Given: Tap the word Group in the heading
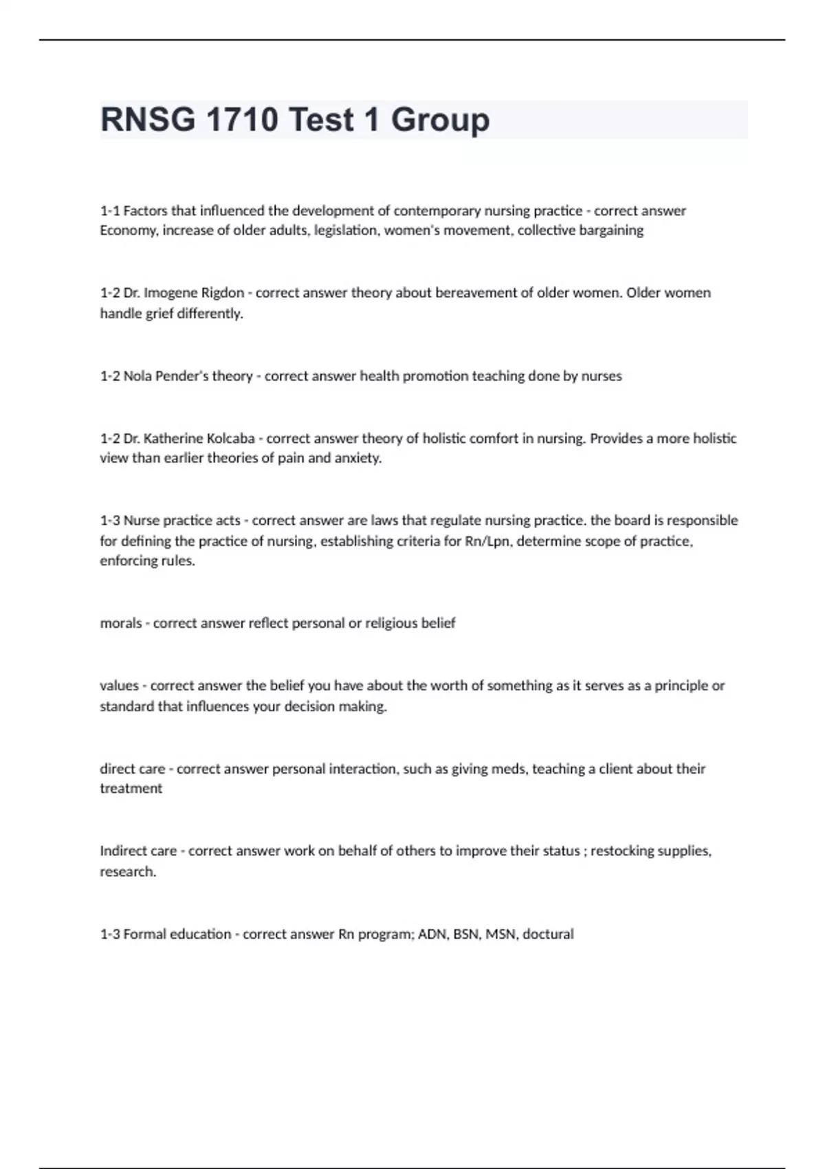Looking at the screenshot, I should click(x=440, y=120).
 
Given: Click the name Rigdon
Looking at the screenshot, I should click(x=222, y=293).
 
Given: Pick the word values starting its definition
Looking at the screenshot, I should click(x=119, y=686).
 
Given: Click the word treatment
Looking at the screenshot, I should click(x=131, y=789).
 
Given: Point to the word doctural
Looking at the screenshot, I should click(x=548, y=935).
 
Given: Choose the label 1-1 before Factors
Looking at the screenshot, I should click(x=109, y=211).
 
